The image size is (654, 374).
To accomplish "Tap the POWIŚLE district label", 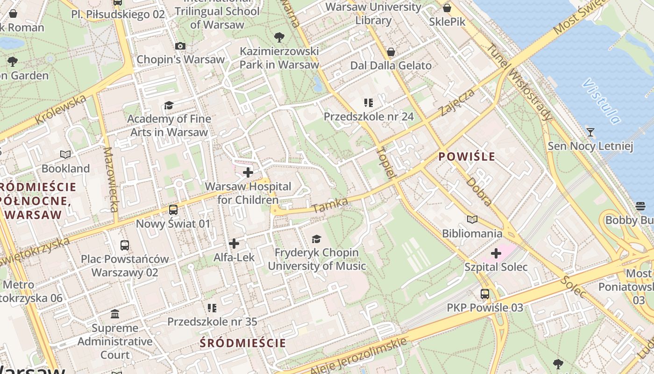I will [467, 157].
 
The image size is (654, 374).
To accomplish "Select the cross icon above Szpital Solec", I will [496, 253].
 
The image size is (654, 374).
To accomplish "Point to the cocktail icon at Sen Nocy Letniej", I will [590, 132].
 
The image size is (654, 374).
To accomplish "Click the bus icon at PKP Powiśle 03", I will [485, 294].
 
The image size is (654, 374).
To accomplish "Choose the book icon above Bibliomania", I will [472, 219].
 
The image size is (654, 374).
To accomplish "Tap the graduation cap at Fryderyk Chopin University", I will [317, 239].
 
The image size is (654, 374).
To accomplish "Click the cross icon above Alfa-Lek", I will [234, 244].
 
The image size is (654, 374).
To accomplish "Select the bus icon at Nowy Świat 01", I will [173, 209].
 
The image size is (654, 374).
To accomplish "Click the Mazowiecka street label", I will [111, 180].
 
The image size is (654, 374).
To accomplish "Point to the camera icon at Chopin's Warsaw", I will [180, 46].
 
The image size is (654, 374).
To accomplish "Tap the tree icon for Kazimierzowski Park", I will [279, 37].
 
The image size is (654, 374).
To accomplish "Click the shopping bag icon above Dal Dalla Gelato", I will [391, 51].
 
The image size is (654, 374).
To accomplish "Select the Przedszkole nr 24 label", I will [369, 116].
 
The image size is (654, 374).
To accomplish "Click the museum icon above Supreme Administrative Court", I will [115, 314].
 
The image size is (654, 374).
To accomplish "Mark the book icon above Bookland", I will [65, 154].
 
